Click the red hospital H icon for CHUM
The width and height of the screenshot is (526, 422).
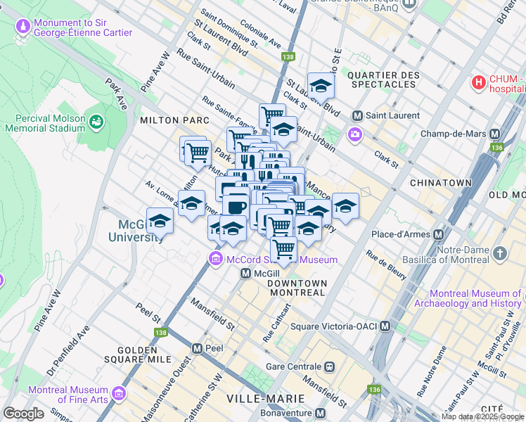(x=479, y=83)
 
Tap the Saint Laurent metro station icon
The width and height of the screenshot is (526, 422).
(x=357, y=115)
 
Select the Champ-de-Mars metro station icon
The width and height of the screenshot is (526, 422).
(x=494, y=134)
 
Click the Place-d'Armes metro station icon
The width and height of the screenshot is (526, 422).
(x=439, y=234)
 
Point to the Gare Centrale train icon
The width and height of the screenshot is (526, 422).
(x=328, y=367)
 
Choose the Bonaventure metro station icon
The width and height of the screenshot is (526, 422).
(x=321, y=413)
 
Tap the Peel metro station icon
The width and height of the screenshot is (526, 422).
(x=197, y=348)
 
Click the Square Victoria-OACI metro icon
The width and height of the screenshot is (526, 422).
(x=385, y=326)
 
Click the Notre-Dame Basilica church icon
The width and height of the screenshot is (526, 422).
(x=500, y=253)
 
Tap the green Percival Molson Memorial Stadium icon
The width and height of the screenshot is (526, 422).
(x=96, y=123)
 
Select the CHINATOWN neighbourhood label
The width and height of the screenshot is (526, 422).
(x=442, y=182)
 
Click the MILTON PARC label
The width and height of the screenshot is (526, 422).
(x=166, y=120)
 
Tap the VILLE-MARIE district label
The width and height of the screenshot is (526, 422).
(x=255, y=399)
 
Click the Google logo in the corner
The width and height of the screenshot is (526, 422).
(x=23, y=414)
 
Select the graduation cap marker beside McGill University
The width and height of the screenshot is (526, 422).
(x=160, y=222)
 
